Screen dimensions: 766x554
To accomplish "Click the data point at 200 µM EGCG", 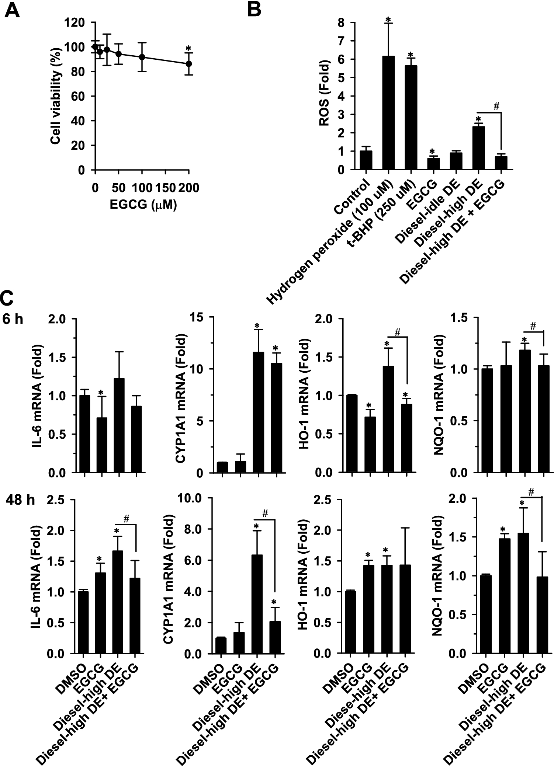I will pos(189,63).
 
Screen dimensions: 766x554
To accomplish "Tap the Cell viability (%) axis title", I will pos(56,96).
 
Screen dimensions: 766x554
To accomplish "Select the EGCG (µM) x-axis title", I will pos(143,205).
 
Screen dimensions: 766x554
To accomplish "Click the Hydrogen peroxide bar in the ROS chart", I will pos(388,113).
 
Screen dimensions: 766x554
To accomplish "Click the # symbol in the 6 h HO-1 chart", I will pos(398,332).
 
